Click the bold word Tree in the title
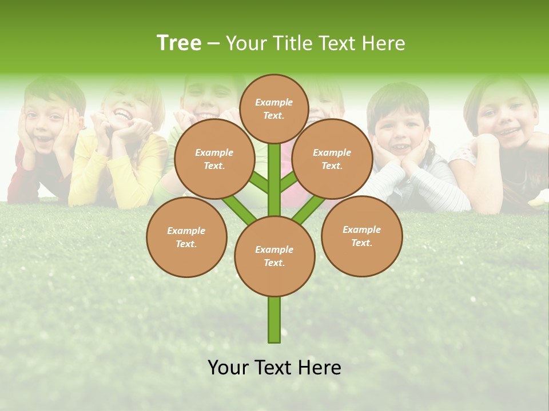[179, 43]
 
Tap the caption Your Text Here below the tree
[274, 368]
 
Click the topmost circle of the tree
[274, 108]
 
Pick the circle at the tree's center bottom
[274, 256]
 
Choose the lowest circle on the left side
[186, 237]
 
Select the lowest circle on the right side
[362, 236]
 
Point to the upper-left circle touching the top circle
[214, 159]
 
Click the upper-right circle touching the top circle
[332, 159]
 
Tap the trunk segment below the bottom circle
[274, 320]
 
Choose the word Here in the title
[384, 43]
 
